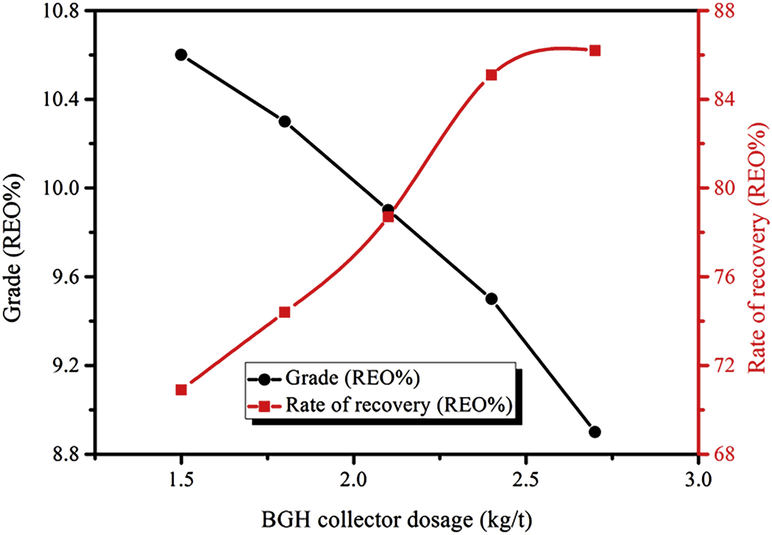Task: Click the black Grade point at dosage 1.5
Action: pyautogui.click(x=181, y=55)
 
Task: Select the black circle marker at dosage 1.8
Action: pyautogui.click(x=285, y=122)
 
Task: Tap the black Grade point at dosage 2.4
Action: pyautogui.click(x=492, y=299)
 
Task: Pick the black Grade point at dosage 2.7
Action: pyautogui.click(x=595, y=432)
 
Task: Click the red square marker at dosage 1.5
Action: pyautogui.click(x=181, y=390)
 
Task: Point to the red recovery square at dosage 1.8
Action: pyautogui.click(x=285, y=312)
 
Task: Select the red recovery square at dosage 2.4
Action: pyautogui.click(x=492, y=75)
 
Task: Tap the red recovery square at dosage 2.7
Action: pyautogui.click(x=595, y=51)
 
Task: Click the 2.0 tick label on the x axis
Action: pyautogui.click(x=353, y=481)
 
